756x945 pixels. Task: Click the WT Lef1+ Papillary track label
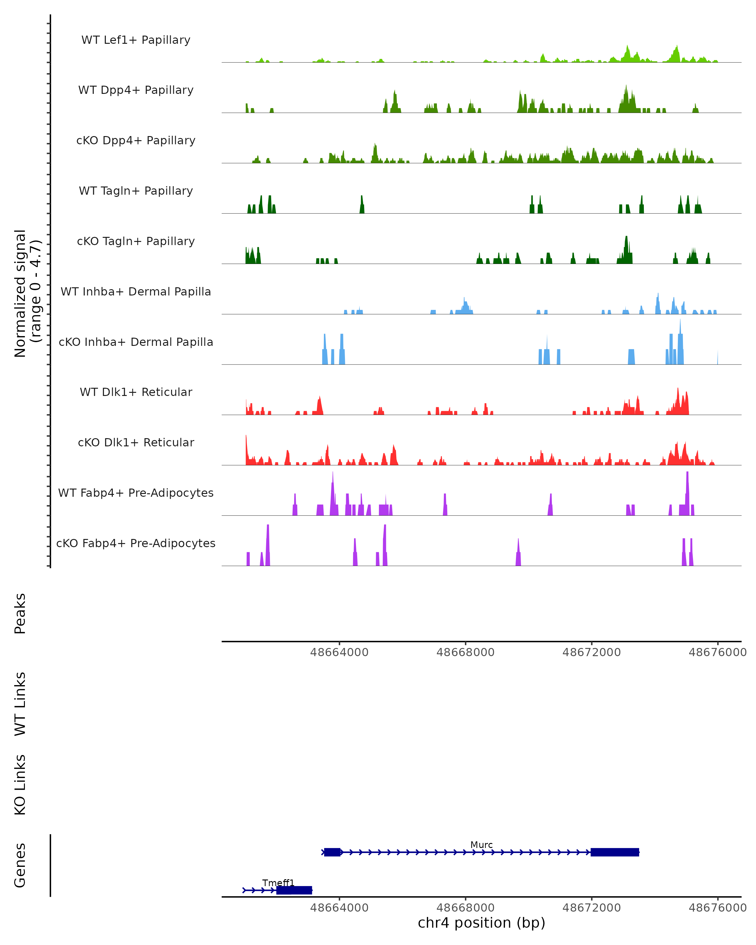136,40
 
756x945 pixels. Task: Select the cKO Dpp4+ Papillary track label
136,141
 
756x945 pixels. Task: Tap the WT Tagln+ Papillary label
136,191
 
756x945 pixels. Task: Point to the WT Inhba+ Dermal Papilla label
136,292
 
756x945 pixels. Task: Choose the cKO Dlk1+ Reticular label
136,443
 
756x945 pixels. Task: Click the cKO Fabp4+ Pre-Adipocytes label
136,543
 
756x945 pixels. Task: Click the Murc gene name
481,845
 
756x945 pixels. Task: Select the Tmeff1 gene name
278,883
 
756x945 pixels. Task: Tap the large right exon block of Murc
615,852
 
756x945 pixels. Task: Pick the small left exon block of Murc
332,852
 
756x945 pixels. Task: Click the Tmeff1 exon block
294,890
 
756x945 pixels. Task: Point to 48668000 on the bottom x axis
466,908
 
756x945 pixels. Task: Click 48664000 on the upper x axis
339,653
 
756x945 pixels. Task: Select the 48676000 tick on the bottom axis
718,908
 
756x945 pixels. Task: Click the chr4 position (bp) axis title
481,923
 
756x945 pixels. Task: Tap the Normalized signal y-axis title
27,293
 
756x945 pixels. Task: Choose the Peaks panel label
20,614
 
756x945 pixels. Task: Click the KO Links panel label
20,785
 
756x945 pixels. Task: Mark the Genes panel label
20,865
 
